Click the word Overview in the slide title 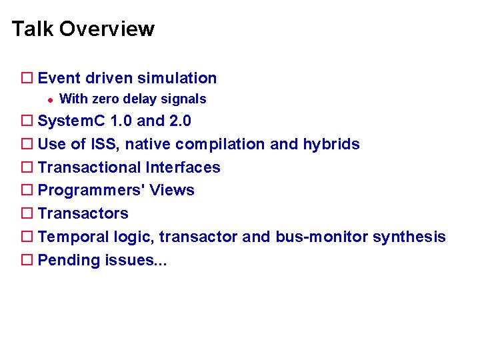click(107, 29)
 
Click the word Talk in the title click(33, 29)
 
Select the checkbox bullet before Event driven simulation click(27, 79)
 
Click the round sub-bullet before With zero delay click(49, 99)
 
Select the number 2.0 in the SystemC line click(180, 121)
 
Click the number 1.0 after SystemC click(121, 121)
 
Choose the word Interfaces click(183, 167)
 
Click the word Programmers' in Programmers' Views click(91, 191)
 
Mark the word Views click(172, 191)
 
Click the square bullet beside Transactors click(27, 214)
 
